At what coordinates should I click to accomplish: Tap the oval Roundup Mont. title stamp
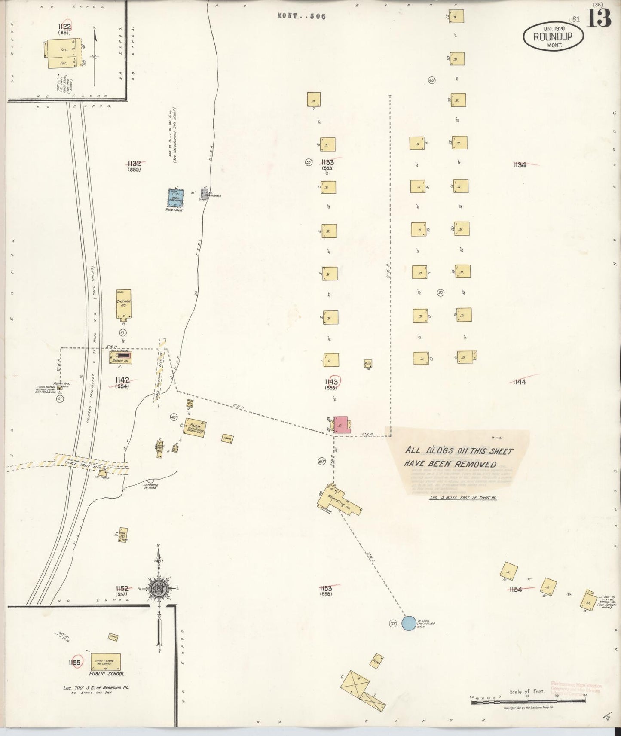(x=553, y=36)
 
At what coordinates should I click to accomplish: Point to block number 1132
(x=134, y=163)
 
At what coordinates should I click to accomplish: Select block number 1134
(x=519, y=164)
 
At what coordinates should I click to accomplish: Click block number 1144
(x=519, y=382)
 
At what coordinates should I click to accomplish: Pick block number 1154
(x=515, y=590)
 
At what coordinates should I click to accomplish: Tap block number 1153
(x=326, y=588)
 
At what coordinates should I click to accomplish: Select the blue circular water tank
(x=409, y=623)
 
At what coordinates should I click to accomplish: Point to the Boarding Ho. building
(x=340, y=501)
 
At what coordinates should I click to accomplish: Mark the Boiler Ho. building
(x=121, y=357)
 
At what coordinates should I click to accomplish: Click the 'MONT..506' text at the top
(x=302, y=16)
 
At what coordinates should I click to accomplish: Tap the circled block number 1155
(x=74, y=663)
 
